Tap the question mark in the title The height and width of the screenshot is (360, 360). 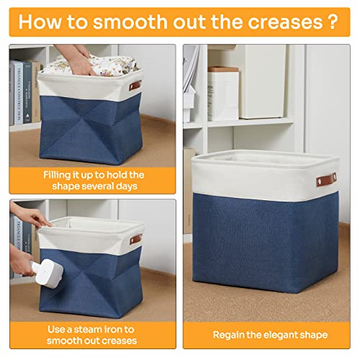(x=330, y=21)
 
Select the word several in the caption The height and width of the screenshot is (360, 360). (x=107, y=186)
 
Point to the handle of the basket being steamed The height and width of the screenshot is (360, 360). (x=135, y=238)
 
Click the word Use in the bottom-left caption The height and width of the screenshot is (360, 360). (x=57, y=328)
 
